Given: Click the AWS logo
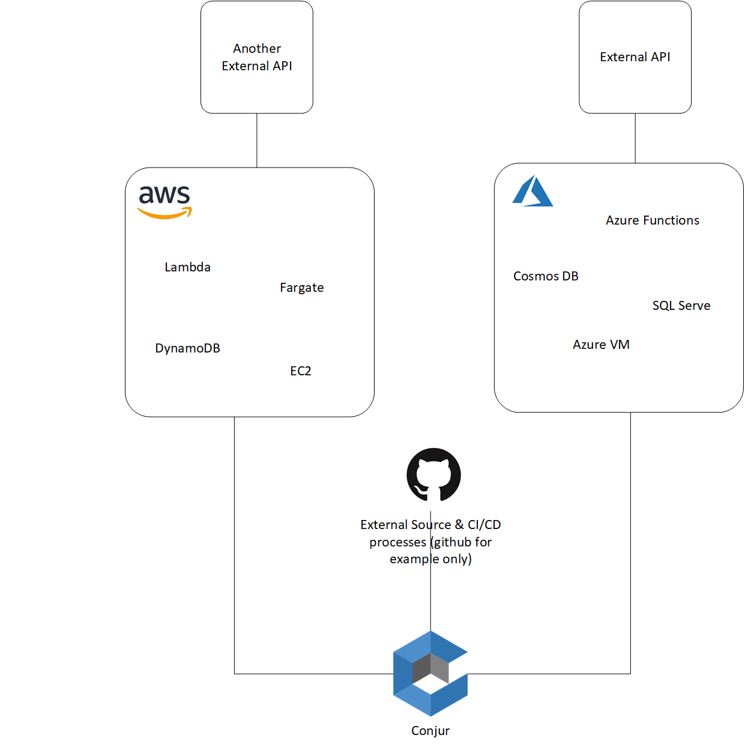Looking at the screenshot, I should point(164,201).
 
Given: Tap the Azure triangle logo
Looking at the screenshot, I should point(532,191).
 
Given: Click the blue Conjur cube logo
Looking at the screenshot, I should point(430,673).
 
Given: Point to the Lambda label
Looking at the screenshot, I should point(187,267).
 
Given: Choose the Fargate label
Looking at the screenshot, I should point(301,288).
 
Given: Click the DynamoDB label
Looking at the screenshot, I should point(187,348).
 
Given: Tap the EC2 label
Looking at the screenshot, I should point(301,371).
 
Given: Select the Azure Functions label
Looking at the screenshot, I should point(652,220).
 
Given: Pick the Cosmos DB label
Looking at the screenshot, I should point(546,276).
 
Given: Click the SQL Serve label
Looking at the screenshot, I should point(681,306).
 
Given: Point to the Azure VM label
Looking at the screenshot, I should point(600,345).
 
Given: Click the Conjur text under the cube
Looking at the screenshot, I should point(430,731).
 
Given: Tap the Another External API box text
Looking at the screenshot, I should point(256,57).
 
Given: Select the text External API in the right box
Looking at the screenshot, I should point(635,57).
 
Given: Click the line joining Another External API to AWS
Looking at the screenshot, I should point(257,140).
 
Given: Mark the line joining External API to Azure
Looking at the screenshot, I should point(635,138).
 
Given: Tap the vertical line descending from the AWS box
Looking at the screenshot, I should point(234,540).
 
